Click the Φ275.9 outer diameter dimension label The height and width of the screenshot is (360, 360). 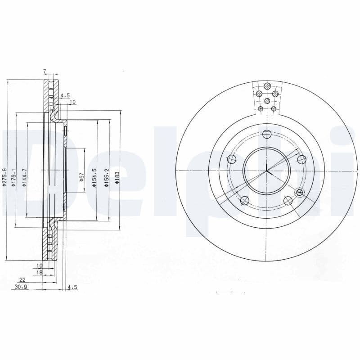(4, 177)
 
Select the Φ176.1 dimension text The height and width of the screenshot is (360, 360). (14, 177)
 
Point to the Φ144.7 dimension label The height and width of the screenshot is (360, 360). (25, 177)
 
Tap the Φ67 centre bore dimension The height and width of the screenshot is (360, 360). (82, 177)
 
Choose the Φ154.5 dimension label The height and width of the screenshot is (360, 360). (95, 177)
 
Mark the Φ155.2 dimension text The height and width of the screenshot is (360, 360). (107, 177)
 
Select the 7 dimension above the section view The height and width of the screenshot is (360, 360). (45, 72)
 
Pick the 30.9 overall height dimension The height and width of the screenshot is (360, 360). (21, 287)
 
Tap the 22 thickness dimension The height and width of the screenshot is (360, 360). (22, 279)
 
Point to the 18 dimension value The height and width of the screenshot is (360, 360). (39, 273)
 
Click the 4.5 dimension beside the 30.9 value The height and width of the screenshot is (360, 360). (72, 287)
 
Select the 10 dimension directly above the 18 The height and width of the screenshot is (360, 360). (39, 266)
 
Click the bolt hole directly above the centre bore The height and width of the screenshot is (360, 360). (267, 134)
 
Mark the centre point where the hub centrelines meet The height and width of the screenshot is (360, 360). (267, 171)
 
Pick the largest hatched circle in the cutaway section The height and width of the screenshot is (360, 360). (267, 85)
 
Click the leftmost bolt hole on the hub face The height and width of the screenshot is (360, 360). (232, 159)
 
